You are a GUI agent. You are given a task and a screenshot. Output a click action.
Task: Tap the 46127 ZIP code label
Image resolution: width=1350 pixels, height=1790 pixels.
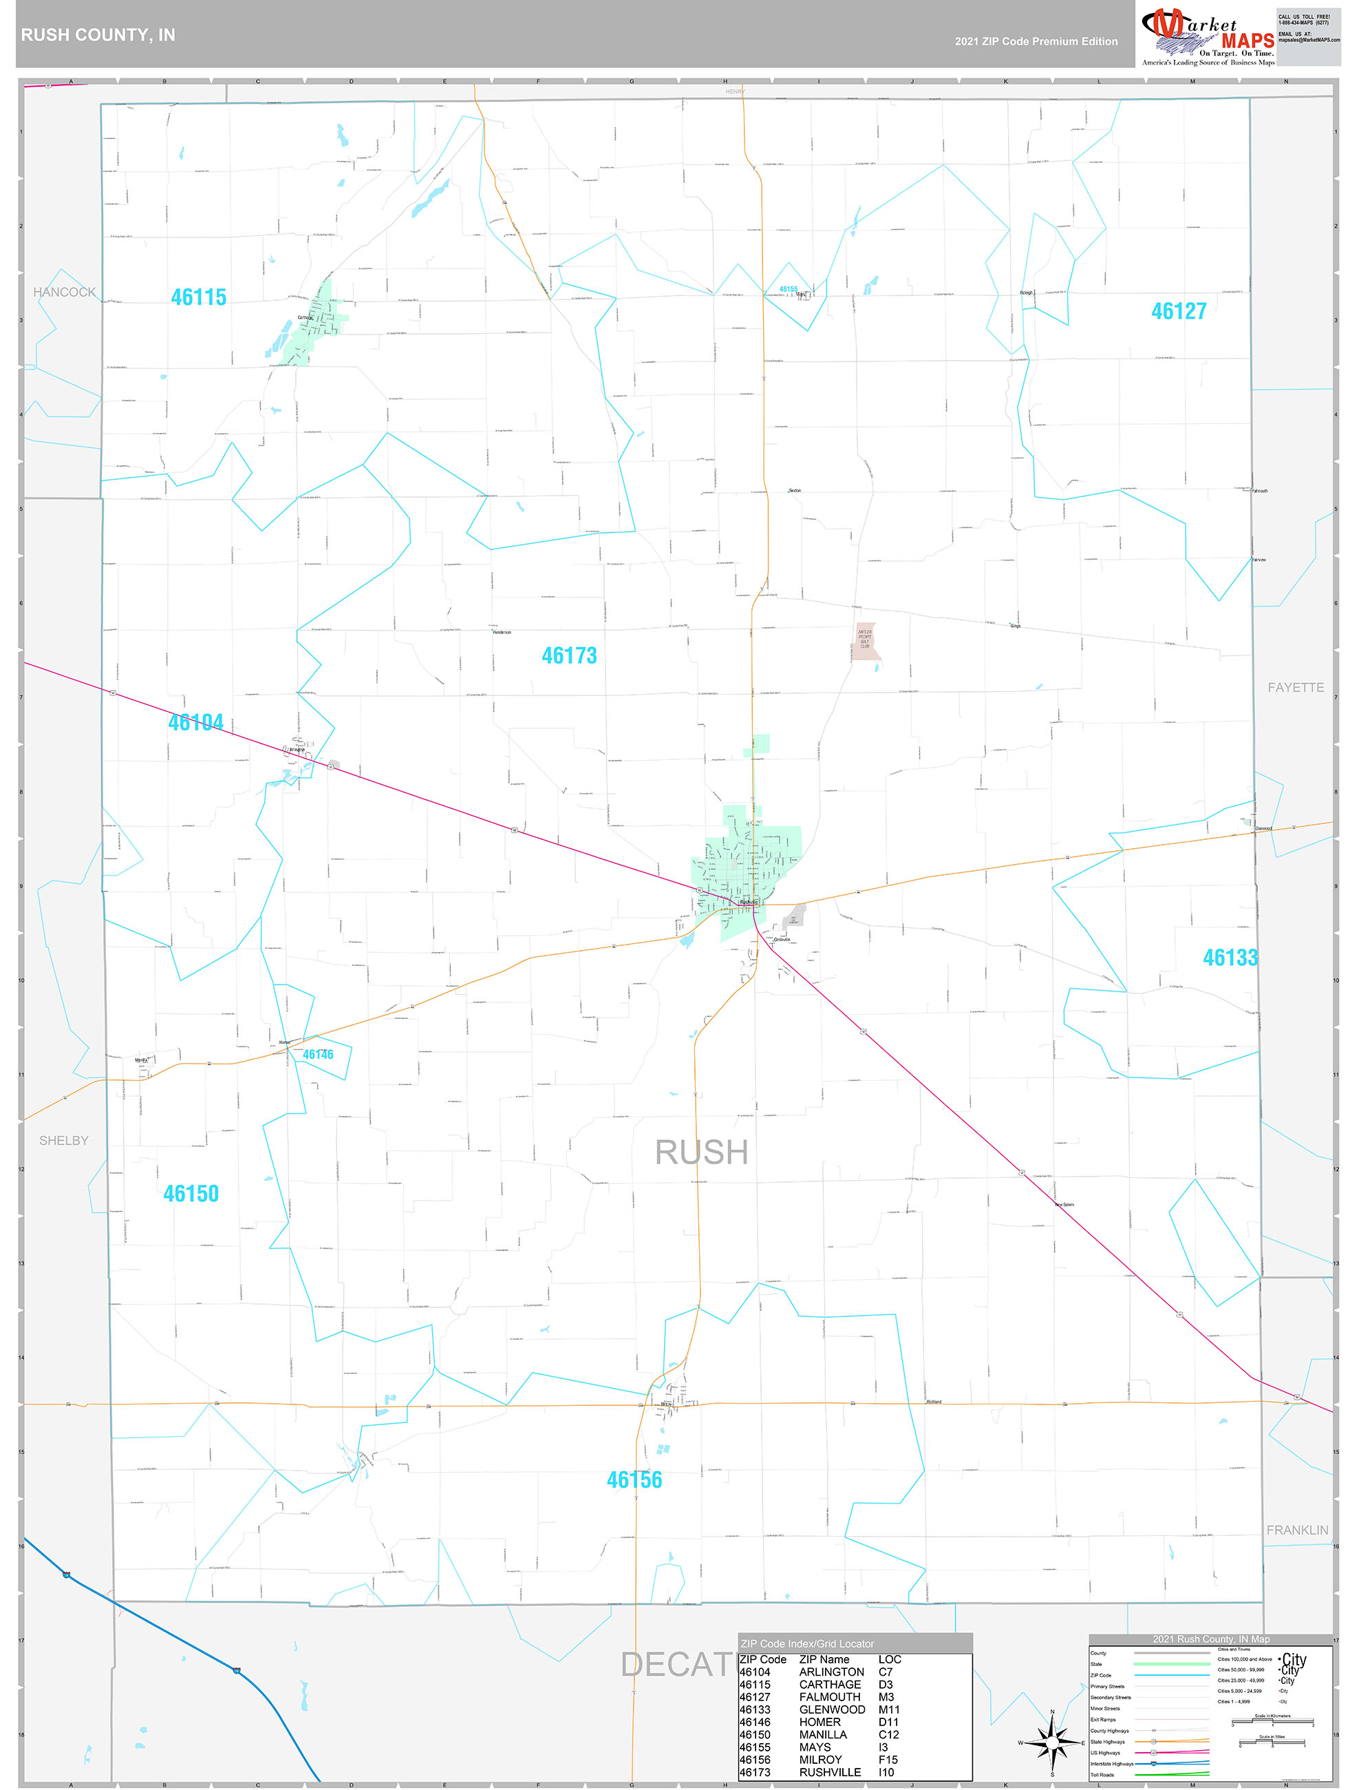click(x=1178, y=312)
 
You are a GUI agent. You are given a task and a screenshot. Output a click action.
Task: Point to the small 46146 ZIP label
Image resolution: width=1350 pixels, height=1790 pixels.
click(x=318, y=1055)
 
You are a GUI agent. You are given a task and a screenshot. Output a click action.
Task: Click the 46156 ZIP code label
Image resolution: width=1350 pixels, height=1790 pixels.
click(x=634, y=1480)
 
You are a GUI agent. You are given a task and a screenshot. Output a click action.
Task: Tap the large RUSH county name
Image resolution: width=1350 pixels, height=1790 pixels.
click(x=700, y=1152)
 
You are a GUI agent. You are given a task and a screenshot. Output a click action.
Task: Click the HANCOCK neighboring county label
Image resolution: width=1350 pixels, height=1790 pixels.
click(x=64, y=292)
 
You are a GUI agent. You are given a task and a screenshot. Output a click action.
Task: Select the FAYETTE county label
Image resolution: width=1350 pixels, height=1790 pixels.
click(x=1295, y=688)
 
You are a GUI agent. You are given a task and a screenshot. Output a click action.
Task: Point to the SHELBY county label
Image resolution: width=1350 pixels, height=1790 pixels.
click(x=64, y=1140)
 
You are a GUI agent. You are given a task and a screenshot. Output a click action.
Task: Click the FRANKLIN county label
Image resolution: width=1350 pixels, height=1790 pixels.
click(x=1296, y=1530)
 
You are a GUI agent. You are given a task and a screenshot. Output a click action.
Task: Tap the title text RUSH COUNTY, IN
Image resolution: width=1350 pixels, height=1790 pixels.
click(x=98, y=35)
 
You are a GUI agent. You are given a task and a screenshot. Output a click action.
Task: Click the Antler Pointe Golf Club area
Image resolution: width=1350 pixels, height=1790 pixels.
click(x=866, y=641)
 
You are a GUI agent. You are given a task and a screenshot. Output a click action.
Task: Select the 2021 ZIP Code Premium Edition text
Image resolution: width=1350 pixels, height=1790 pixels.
click(x=1036, y=41)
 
